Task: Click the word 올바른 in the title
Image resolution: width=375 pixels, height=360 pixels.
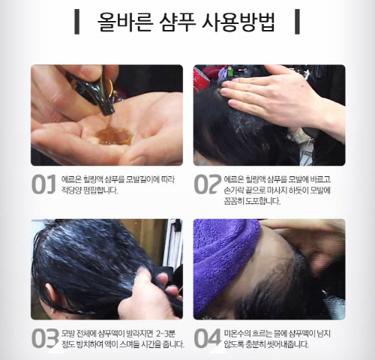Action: [x=125, y=21]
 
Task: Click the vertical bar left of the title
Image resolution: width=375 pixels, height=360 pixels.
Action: [x=77, y=22]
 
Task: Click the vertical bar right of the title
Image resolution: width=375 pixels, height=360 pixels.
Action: [x=297, y=22]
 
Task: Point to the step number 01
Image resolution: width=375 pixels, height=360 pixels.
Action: [x=43, y=184]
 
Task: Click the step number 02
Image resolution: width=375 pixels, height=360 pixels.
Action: [x=207, y=184]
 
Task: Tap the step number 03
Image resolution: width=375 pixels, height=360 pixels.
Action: [x=45, y=338]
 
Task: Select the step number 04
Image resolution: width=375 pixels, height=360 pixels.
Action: [x=208, y=338]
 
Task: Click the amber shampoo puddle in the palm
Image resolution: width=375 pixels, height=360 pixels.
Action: [x=114, y=136]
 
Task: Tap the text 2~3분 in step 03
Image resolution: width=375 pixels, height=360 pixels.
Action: [x=166, y=334]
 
